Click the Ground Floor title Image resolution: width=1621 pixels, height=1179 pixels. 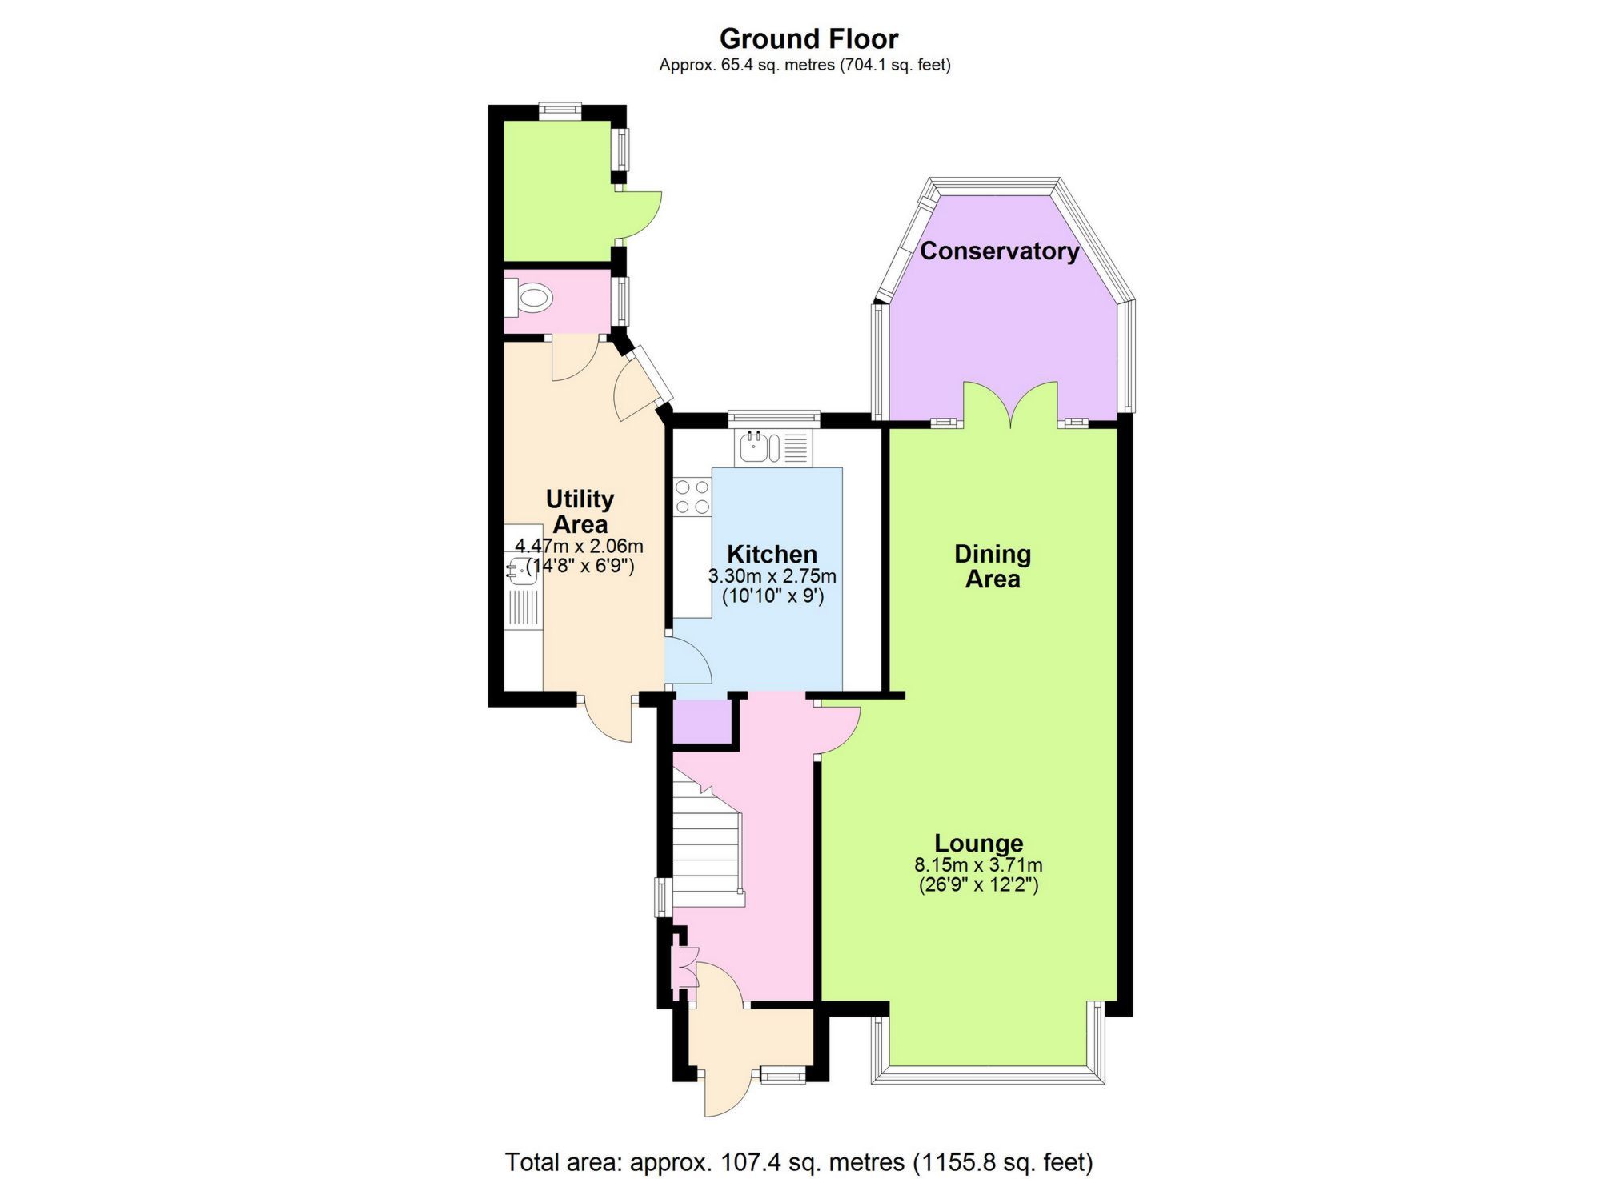coord(808,38)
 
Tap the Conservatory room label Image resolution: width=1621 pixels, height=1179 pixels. coord(999,251)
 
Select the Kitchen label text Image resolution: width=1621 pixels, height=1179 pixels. coord(772,554)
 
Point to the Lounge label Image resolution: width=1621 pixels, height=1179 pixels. coord(978,843)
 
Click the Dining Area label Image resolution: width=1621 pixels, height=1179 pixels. coord(993,566)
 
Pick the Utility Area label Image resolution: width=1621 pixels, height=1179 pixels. coord(580,511)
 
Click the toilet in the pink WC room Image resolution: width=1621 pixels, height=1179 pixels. coord(532,300)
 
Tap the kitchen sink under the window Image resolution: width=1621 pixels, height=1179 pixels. coord(759,447)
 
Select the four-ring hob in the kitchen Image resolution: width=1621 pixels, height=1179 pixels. coord(692,496)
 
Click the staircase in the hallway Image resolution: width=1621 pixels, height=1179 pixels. coord(704,848)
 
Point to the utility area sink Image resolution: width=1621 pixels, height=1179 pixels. coord(522,570)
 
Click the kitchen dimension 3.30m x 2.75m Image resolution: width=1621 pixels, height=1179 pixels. coord(772,576)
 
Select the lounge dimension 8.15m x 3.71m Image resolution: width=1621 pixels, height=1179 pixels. coord(978,865)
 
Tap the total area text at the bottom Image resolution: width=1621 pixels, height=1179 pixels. coord(799,1161)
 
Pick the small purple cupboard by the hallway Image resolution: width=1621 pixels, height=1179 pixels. coord(702,721)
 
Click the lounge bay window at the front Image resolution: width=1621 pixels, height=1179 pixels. coord(988,1073)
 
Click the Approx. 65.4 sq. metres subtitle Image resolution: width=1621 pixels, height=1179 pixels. coord(804,65)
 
